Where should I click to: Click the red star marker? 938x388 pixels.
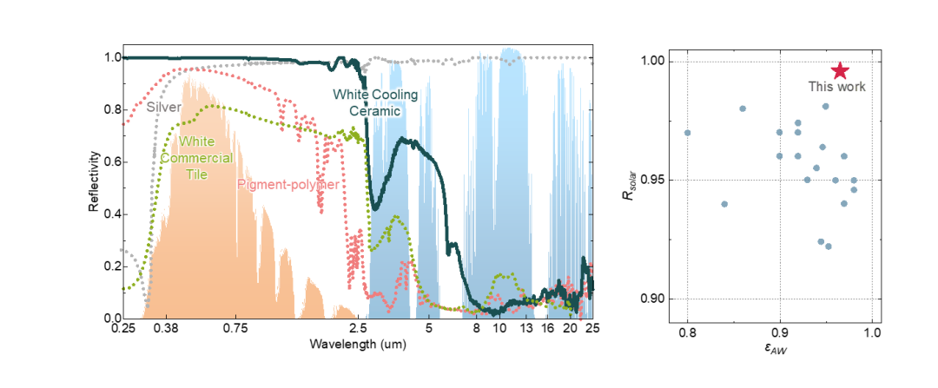[840, 71]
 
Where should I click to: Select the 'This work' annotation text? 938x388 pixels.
[837, 87]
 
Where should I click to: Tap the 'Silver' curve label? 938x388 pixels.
[163, 107]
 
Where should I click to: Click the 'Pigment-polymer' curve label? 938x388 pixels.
[288, 184]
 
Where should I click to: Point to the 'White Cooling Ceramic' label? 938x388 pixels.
[375, 102]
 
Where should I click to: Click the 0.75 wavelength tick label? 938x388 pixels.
[235, 329]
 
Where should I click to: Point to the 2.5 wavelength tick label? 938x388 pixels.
[358, 329]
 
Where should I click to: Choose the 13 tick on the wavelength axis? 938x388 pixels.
[525, 329]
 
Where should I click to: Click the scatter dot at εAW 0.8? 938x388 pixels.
[688, 133]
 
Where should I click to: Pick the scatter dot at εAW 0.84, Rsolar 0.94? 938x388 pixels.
[724, 204]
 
